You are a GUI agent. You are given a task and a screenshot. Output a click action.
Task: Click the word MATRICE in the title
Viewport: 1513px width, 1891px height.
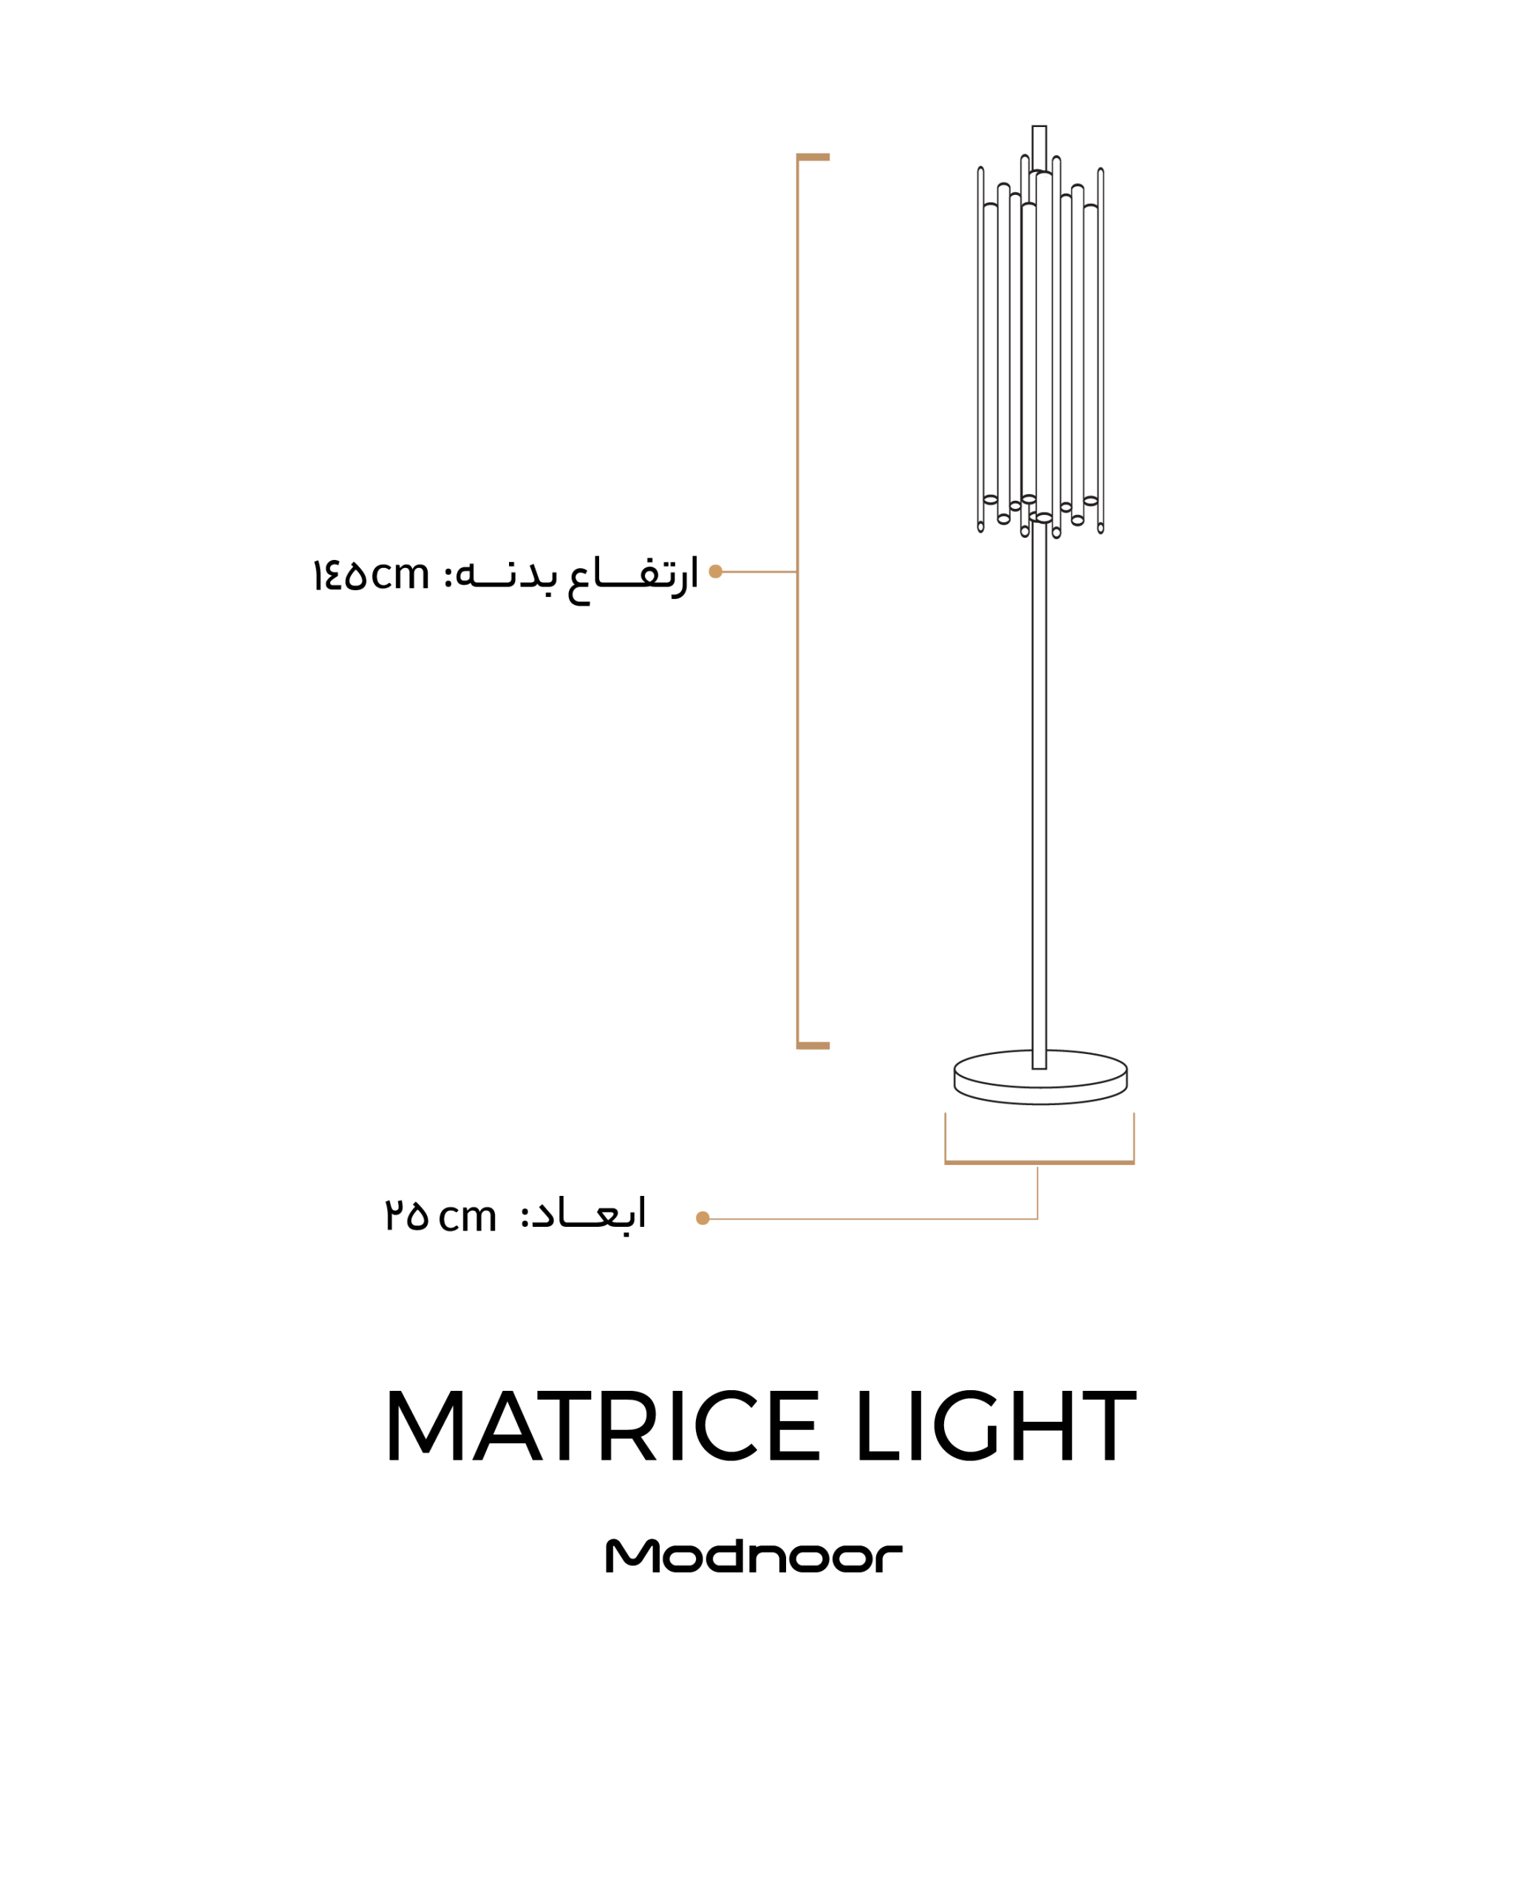[x=604, y=1426]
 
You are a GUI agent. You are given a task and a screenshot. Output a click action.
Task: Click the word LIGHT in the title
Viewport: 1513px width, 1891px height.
[x=997, y=1426]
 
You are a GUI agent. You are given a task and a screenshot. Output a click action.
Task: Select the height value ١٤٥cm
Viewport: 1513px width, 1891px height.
[x=371, y=576]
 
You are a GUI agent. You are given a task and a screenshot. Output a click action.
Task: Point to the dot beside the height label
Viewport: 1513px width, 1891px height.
[x=716, y=572]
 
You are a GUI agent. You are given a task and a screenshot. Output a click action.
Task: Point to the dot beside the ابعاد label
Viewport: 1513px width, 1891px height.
[x=703, y=1218]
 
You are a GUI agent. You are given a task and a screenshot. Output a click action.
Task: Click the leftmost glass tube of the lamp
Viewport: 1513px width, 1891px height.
[x=980, y=349]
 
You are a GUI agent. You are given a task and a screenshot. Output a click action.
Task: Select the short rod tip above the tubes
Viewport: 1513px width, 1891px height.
[x=1039, y=147]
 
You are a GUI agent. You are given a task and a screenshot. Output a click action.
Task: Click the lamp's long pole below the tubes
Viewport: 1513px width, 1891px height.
[x=1039, y=794]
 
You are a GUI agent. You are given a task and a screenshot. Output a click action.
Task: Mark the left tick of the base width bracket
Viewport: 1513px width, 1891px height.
[x=946, y=1138]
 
